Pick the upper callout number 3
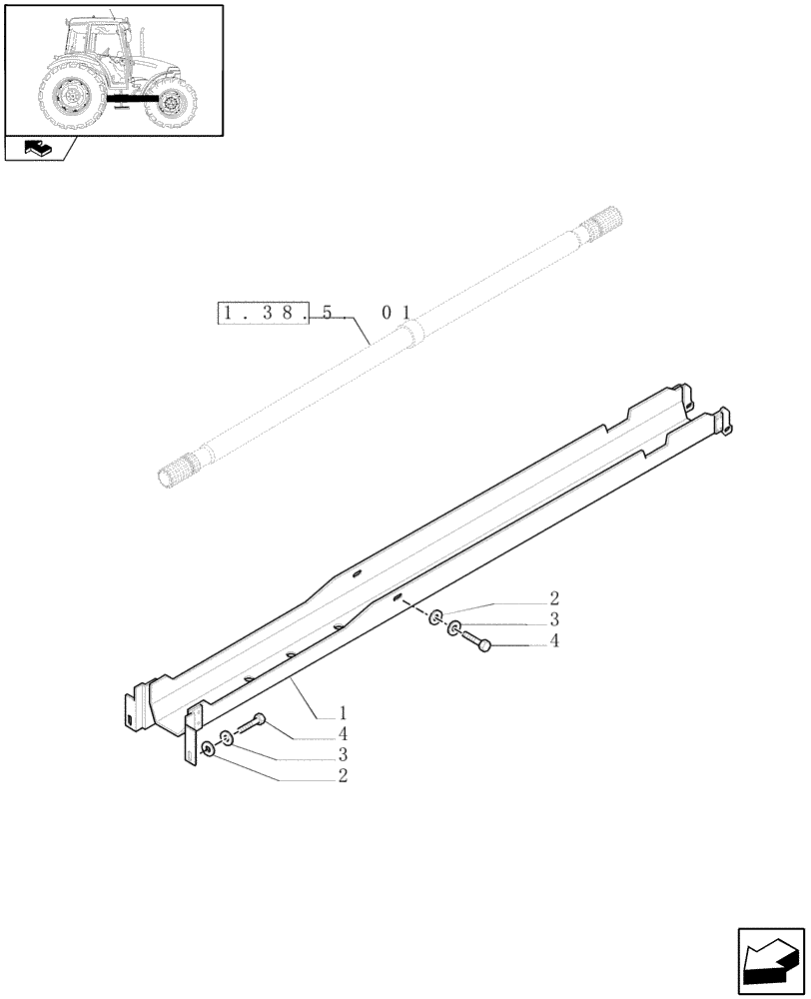(x=553, y=619)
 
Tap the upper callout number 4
(x=553, y=641)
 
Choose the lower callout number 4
(x=343, y=733)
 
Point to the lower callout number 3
(x=343, y=754)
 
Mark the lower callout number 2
(x=343, y=775)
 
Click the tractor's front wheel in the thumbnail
(x=173, y=103)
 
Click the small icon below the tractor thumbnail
(x=38, y=150)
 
